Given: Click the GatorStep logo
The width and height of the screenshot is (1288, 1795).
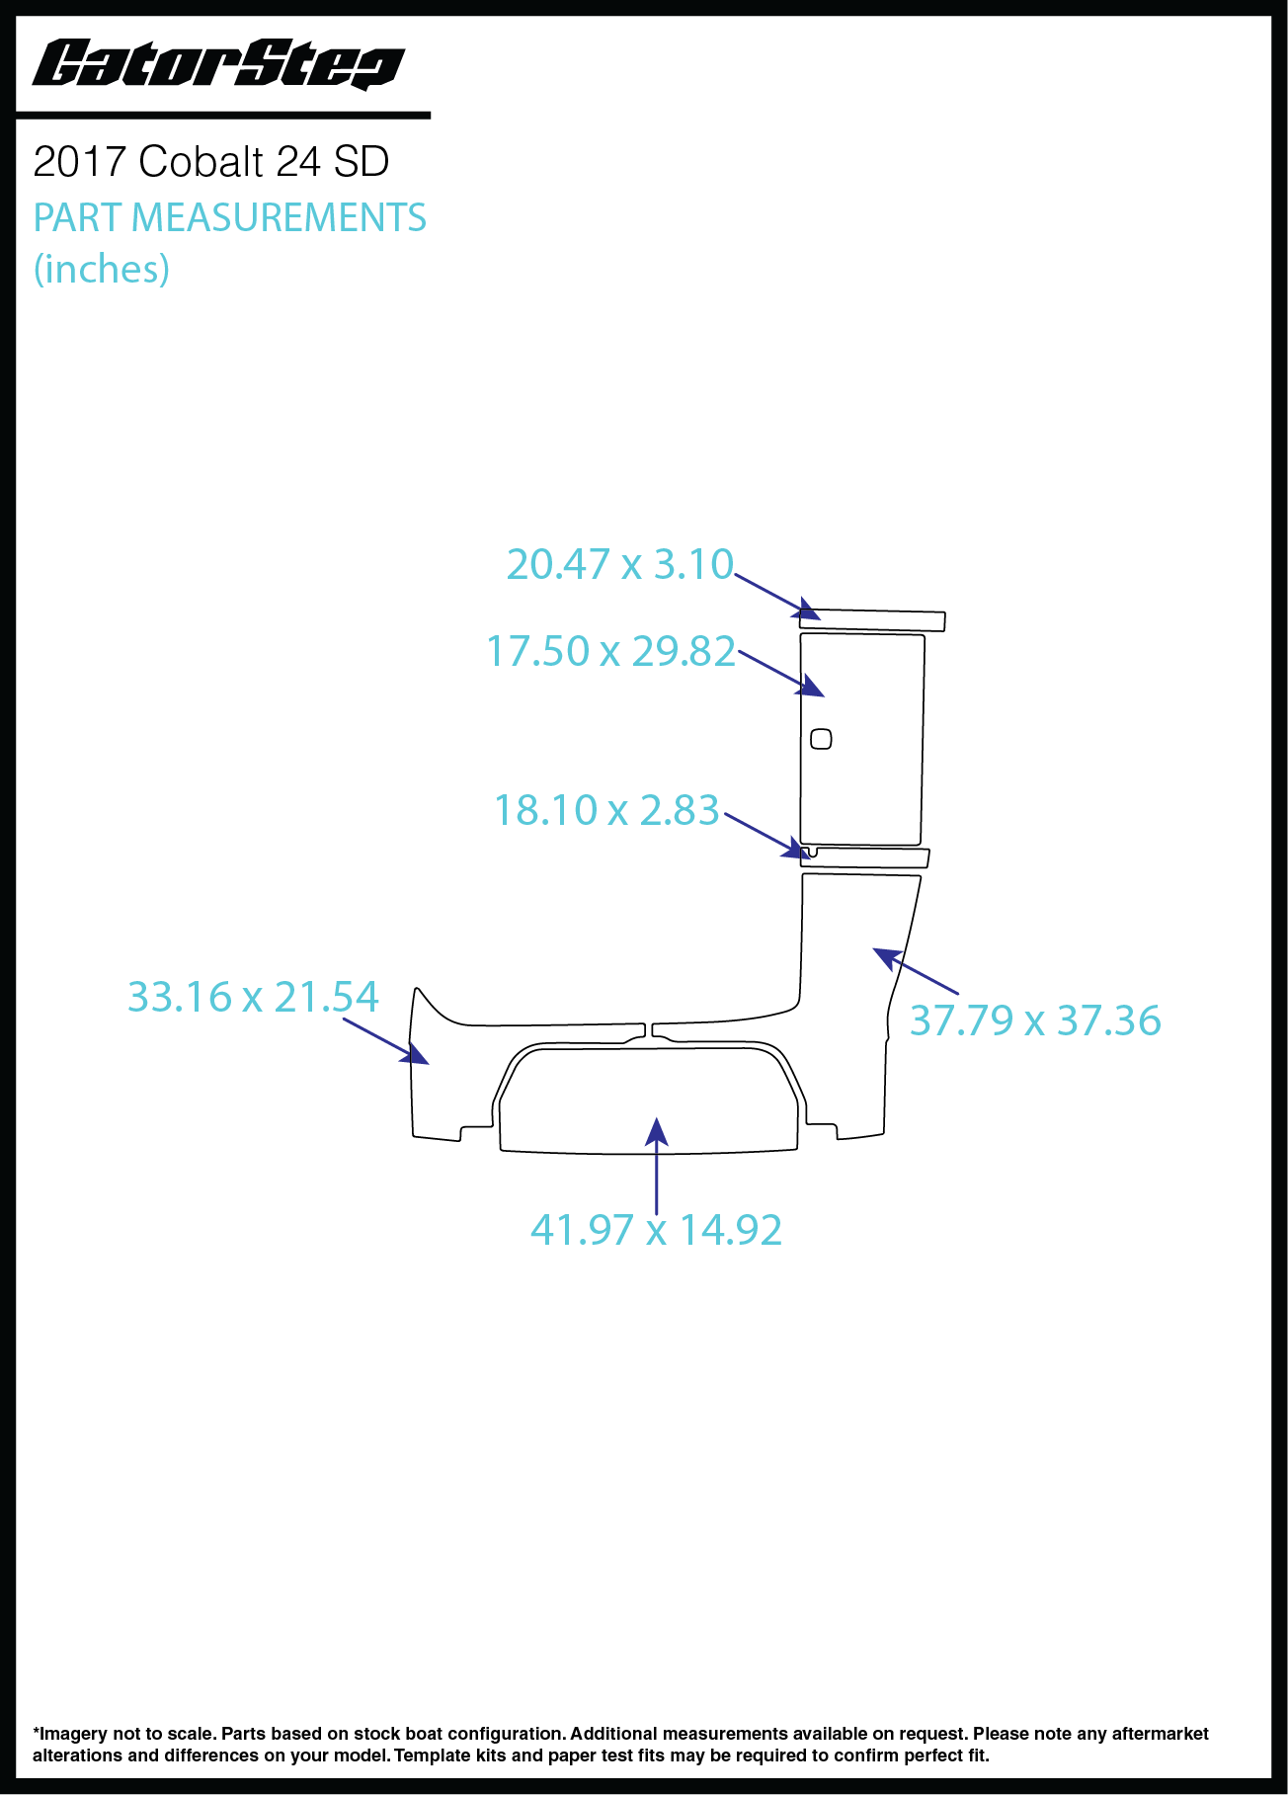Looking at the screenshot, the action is pos(218,65).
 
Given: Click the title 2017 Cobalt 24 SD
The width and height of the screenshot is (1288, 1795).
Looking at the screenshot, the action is pos(211,162).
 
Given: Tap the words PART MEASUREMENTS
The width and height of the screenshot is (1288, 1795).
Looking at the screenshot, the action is pos(230,217).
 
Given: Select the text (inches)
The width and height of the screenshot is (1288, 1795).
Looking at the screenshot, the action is pos(102,269).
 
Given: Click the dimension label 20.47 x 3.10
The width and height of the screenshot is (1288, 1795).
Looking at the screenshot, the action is pos(620,564).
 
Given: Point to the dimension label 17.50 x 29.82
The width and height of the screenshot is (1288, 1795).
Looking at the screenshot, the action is pos(611,651).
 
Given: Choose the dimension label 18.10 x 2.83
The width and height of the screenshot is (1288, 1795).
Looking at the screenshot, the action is pos(606,810).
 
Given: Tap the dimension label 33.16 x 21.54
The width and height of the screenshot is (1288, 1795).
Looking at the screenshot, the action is pos(253,997).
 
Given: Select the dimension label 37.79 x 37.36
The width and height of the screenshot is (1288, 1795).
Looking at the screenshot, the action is pos(1035,1020).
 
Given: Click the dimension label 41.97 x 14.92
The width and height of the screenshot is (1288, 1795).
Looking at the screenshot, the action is pos(657,1230).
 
